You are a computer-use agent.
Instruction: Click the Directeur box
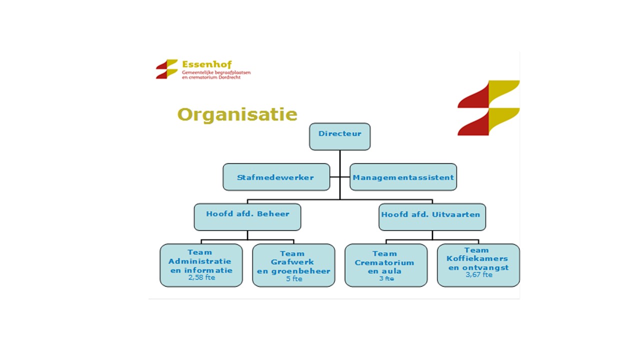(x=339, y=136)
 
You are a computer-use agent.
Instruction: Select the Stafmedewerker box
(x=276, y=177)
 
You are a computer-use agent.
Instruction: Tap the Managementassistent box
(x=403, y=177)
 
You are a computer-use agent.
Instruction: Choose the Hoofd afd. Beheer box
(x=247, y=217)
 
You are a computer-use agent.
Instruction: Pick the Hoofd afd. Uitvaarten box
(x=432, y=217)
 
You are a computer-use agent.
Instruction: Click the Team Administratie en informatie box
(x=201, y=265)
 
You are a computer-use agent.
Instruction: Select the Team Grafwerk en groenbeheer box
(x=293, y=265)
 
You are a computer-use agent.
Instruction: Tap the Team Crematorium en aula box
(x=386, y=265)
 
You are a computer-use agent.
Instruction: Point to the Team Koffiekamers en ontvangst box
(x=478, y=265)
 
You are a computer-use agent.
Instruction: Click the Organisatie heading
(x=237, y=115)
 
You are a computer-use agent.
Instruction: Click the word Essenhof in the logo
(x=207, y=64)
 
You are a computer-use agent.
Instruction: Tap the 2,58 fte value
(x=201, y=277)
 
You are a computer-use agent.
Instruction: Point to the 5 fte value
(x=294, y=278)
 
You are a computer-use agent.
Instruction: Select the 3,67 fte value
(x=479, y=275)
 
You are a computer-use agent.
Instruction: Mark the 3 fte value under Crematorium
(x=386, y=278)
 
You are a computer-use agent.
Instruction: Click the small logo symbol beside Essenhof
(x=167, y=69)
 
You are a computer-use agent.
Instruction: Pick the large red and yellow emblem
(x=488, y=108)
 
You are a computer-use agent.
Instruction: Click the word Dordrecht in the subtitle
(x=229, y=77)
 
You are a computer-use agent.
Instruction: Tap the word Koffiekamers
(x=477, y=258)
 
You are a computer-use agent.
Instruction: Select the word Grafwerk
(x=292, y=262)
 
